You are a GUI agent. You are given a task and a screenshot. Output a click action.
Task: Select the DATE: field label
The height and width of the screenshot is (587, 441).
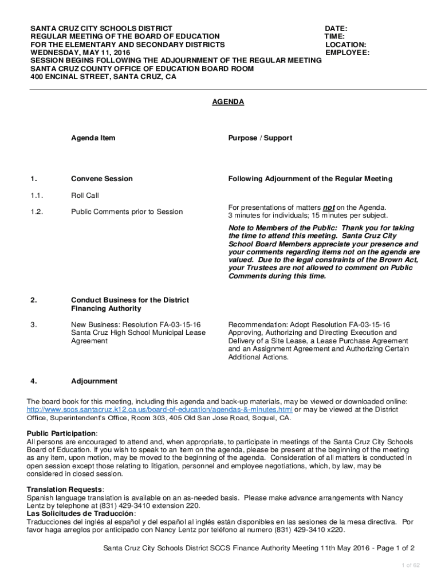336,29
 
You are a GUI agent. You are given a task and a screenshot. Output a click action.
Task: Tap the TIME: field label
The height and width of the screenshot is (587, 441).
334,37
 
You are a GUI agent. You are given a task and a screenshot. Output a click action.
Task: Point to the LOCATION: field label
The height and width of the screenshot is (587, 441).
346,45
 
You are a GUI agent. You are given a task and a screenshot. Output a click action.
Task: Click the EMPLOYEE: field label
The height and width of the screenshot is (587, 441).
347,53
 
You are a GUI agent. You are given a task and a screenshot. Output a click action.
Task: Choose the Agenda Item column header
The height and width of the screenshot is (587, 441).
93,138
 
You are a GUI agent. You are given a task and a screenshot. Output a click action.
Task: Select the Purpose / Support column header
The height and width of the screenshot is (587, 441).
260,138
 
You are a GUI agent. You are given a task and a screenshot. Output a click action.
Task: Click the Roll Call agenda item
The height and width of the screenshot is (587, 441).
85,195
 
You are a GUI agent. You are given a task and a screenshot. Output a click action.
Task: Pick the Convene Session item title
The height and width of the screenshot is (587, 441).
101,179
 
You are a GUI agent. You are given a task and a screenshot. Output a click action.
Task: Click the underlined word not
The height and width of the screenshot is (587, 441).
329,208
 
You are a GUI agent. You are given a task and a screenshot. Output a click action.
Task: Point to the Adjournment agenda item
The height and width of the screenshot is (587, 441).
94,381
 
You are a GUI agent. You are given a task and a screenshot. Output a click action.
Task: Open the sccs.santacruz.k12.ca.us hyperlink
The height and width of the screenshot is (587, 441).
160,410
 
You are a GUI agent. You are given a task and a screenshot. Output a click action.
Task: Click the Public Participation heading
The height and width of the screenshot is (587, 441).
61,433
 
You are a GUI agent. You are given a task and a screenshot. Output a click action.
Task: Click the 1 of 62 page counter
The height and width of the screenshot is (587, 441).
411,566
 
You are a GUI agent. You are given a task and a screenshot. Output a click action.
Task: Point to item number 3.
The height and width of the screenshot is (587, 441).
34,325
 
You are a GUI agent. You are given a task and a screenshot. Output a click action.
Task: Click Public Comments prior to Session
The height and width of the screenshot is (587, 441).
127,212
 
